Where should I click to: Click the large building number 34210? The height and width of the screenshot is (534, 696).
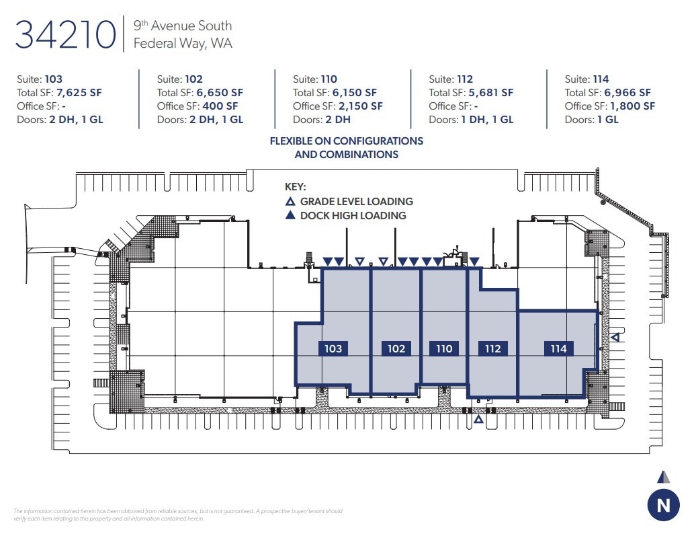[x=65, y=35]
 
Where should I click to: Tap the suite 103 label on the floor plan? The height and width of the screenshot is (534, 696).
[x=333, y=348]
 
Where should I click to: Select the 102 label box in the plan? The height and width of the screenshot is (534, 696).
[x=396, y=348]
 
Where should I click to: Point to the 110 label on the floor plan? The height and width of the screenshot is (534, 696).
[x=444, y=348]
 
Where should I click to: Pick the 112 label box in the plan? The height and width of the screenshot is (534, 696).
[x=492, y=348]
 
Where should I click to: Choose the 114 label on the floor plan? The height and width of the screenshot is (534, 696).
[x=558, y=348]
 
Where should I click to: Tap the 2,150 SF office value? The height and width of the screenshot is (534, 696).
[x=361, y=106]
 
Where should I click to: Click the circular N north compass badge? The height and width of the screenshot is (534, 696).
[x=663, y=506]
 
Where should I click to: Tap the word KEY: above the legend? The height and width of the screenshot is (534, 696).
[x=296, y=187]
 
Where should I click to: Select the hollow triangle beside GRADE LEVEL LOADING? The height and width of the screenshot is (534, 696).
[x=290, y=202]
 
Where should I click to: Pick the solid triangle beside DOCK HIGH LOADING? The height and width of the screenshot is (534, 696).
[x=290, y=216]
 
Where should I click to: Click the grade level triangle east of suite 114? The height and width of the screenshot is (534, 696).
[x=614, y=337]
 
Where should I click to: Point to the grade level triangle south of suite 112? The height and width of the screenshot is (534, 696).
[x=478, y=420]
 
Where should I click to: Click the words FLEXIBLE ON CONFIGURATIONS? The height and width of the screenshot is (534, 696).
[x=347, y=141]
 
